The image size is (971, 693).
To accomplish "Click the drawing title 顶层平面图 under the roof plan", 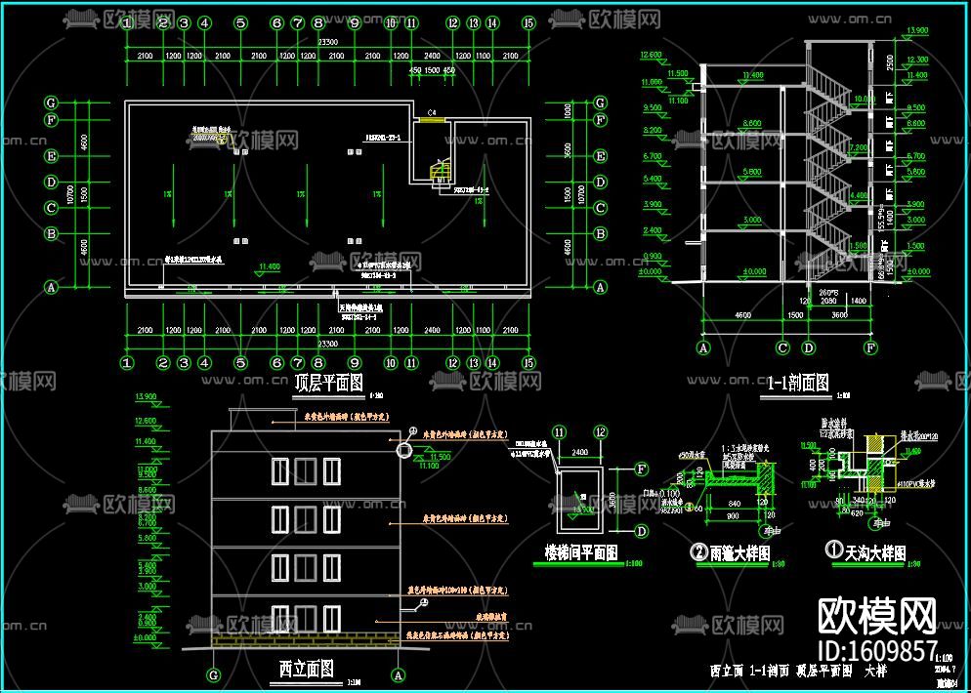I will coord(328,383).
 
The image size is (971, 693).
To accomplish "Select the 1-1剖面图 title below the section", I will coord(798,383).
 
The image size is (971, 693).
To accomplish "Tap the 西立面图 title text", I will coord(306,669).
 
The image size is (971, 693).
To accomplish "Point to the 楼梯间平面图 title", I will coord(580,553).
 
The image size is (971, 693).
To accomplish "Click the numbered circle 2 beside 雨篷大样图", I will coord(698,553).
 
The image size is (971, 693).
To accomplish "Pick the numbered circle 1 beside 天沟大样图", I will coord(834,553).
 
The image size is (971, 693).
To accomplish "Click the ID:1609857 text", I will coord(876,650).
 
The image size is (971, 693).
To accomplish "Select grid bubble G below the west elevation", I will coord(215,673).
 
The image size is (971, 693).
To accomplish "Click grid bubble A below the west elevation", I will coord(398,673).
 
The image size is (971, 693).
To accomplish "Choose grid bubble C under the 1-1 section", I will coord(782,346).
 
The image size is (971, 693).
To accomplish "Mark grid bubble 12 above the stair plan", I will coord(601,432).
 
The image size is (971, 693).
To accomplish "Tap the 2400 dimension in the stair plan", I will coord(580,452).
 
